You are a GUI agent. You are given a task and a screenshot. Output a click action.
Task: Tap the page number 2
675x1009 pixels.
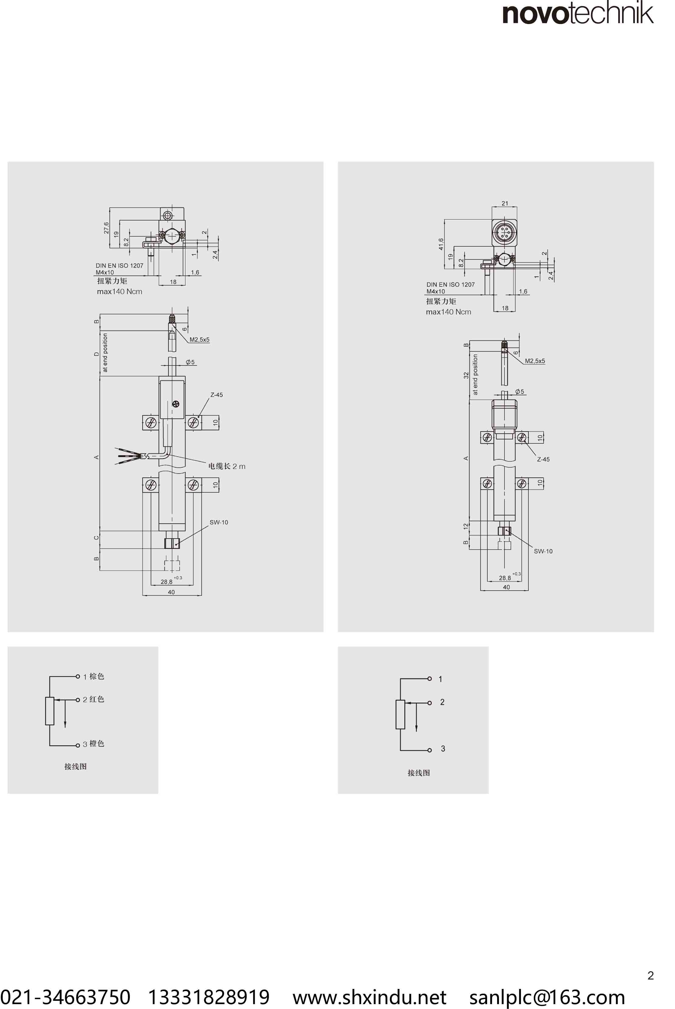(x=650, y=976)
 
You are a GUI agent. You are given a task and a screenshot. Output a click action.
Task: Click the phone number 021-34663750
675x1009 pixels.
(x=65, y=997)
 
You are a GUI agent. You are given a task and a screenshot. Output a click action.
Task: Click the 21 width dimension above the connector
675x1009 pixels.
(x=504, y=203)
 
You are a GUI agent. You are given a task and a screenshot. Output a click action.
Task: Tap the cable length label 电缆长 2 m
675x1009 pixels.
(x=227, y=466)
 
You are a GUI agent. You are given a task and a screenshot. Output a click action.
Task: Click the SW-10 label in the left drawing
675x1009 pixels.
(x=219, y=522)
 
